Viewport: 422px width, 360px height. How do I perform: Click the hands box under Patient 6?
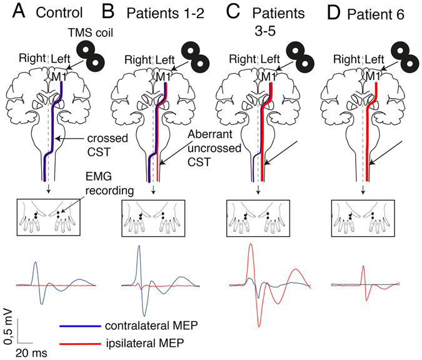coord(362,217)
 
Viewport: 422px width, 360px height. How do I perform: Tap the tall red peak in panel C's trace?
coord(251,245)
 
